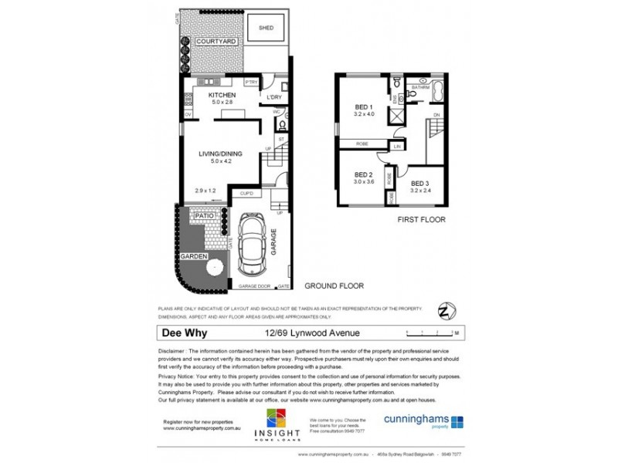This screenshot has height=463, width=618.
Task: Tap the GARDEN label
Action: pos(195,255)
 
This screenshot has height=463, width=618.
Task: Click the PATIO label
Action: pos(204,215)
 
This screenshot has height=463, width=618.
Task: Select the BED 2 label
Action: pos(364,174)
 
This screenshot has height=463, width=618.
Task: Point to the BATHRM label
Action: pos(420,88)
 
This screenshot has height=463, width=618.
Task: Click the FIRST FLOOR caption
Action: pos(421,220)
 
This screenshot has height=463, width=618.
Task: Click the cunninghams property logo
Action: pos(423,422)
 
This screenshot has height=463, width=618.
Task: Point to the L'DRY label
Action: pos(274,97)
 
